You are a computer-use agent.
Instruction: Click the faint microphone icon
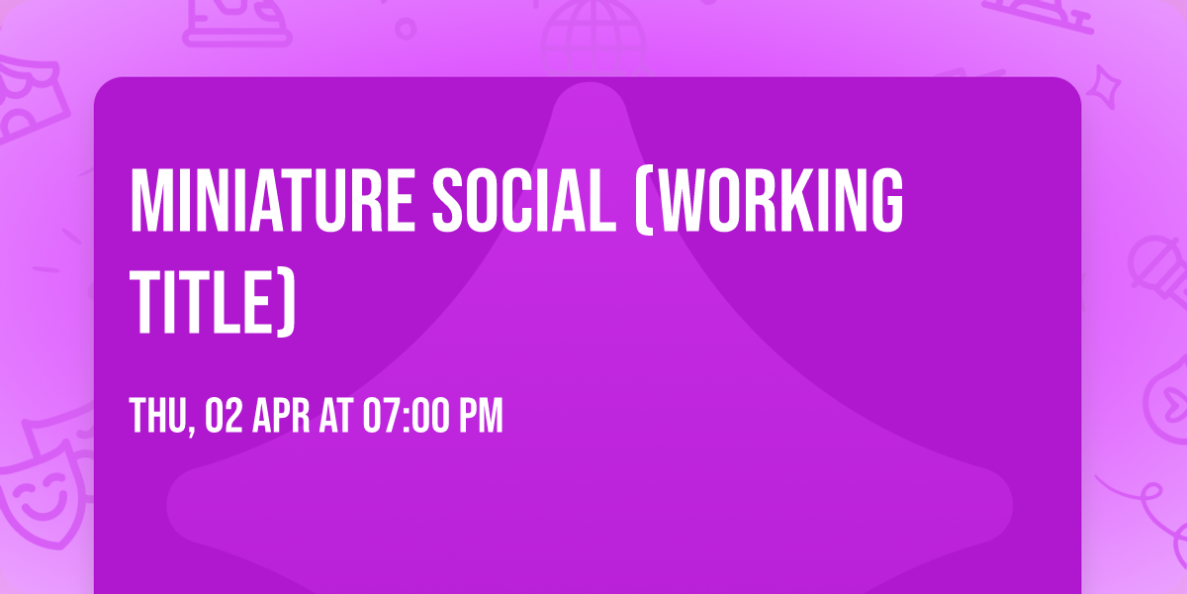(x=1153, y=262)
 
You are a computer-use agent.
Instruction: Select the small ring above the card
(x=405, y=28)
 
